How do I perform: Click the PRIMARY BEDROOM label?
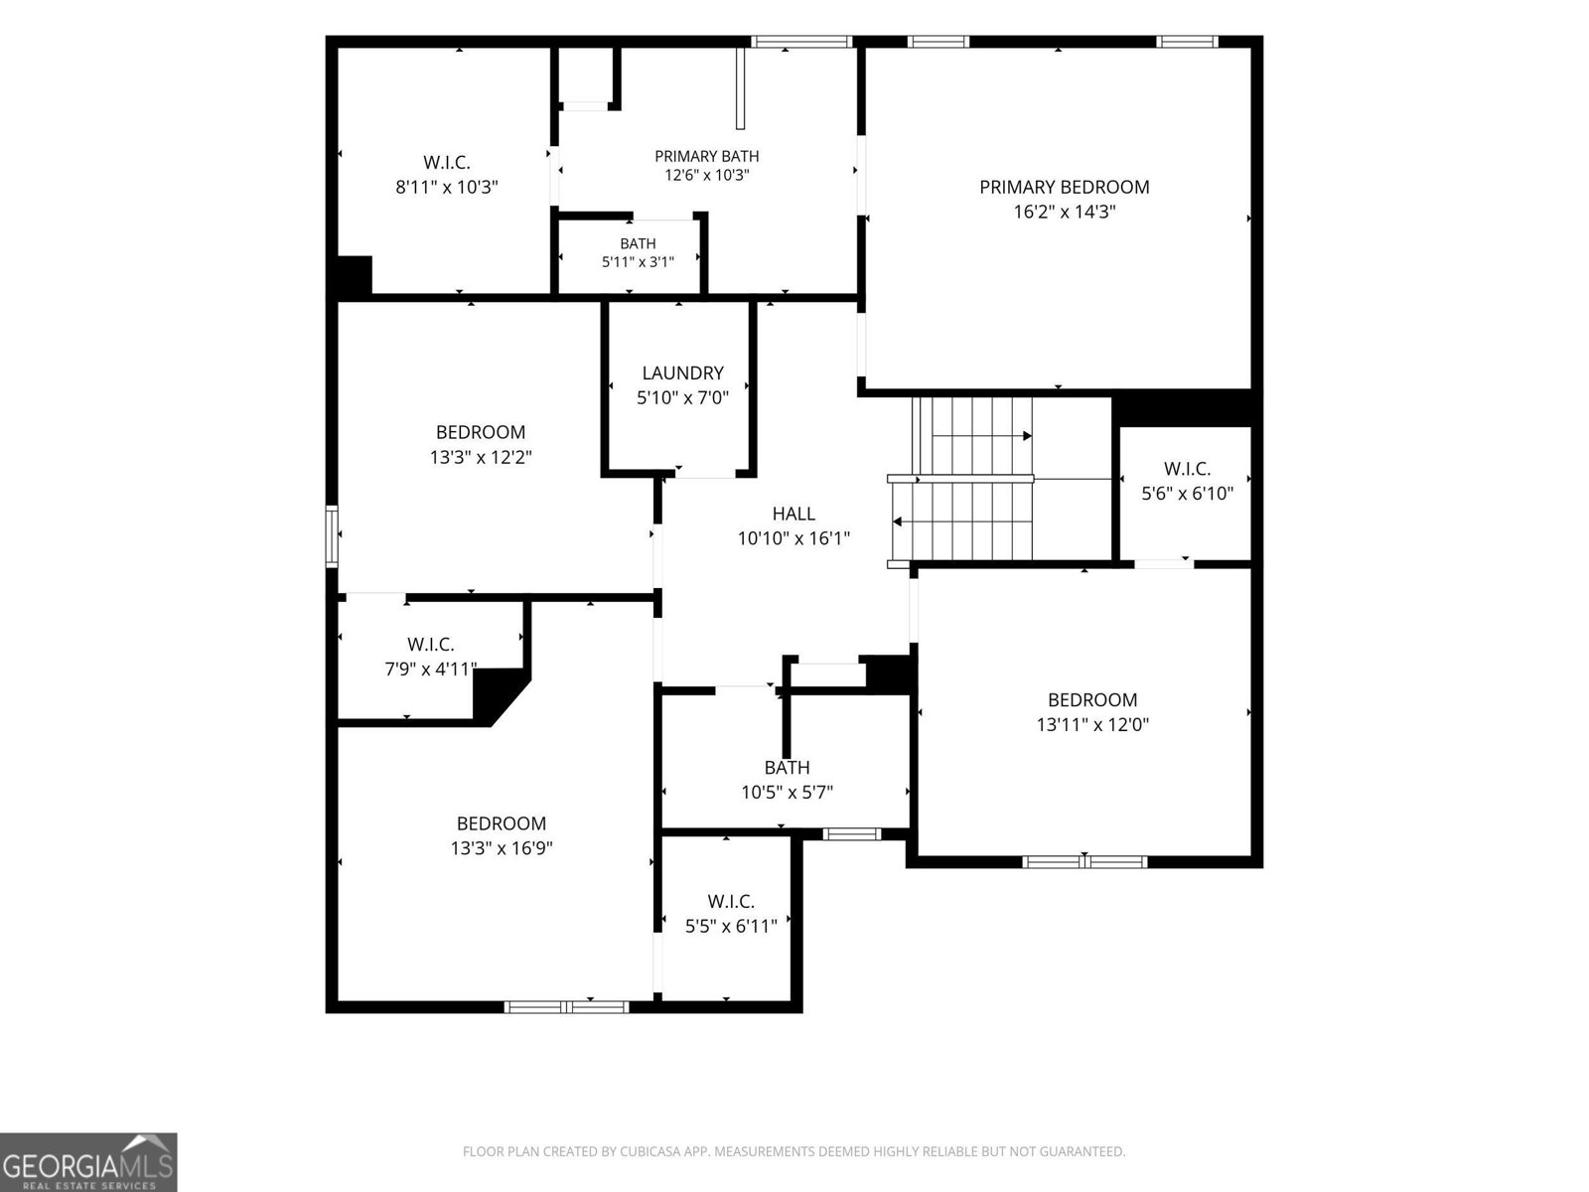[x=1065, y=187]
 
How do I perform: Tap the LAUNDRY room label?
[x=682, y=372]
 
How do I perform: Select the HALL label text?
[x=794, y=514]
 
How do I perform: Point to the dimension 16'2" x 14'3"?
[x=1065, y=212]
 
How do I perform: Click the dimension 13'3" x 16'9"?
[x=501, y=847]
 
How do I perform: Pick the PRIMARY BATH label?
[x=706, y=156]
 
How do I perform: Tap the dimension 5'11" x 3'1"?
[x=638, y=261]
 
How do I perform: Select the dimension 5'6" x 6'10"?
[x=1187, y=493]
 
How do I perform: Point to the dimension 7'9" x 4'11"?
[x=431, y=669]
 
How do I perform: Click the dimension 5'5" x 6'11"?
[x=731, y=925]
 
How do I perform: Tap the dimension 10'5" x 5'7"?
[x=787, y=792]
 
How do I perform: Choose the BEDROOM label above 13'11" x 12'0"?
[x=1092, y=700]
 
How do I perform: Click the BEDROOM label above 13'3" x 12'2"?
[x=481, y=432]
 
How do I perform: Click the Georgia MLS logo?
[x=88, y=1162]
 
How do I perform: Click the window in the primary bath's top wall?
[x=801, y=42]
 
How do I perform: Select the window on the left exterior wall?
[x=332, y=536]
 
